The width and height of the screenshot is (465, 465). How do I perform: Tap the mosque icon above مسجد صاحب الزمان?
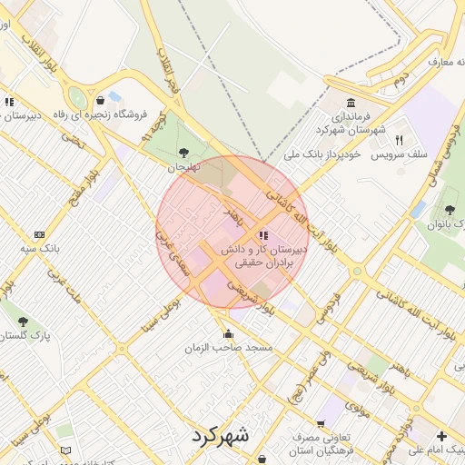227,331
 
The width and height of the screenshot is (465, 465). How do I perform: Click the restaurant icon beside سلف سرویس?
399,140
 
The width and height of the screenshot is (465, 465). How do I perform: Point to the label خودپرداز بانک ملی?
323,155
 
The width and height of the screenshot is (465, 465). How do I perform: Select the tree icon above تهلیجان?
184,152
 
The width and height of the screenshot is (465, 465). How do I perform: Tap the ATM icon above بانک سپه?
38,233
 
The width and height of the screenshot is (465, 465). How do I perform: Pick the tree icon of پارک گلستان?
23,321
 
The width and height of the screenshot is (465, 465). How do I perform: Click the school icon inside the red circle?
263,235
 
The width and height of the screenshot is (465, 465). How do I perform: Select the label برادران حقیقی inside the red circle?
265,263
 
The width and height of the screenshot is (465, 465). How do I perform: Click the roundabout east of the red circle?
357,270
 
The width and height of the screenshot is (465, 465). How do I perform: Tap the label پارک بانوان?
445,223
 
